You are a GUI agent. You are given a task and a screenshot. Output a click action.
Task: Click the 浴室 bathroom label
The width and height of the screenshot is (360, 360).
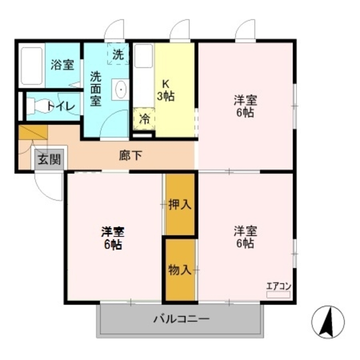(x=62, y=65)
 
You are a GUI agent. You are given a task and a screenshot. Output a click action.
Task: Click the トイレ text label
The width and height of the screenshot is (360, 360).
(x=60, y=107)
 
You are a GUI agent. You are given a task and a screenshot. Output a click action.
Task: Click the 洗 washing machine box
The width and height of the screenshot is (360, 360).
(x=118, y=54)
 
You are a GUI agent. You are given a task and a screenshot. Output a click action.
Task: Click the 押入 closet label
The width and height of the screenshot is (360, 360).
(x=180, y=204)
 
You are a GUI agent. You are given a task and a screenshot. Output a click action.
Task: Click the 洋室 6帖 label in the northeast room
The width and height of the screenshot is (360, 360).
(x=246, y=106)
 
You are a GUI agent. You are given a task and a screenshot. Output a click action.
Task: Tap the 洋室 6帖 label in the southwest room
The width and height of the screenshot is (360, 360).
(x=113, y=238)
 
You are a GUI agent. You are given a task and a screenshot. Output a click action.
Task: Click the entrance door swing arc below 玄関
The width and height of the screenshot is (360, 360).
(x=47, y=187)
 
